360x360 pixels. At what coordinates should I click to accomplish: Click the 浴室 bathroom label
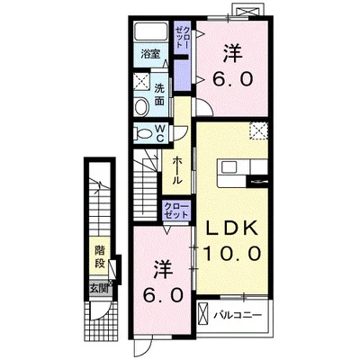click(151, 54)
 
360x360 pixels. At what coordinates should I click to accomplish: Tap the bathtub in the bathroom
click(151, 31)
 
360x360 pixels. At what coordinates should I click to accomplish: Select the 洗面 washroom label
click(159, 94)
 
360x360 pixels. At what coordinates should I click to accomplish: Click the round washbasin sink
click(141, 107)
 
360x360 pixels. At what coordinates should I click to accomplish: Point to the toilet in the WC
click(143, 133)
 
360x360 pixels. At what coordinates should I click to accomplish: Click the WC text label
click(160, 133)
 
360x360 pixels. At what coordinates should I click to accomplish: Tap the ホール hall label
click(177, 171)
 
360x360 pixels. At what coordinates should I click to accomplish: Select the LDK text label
click(231, 229)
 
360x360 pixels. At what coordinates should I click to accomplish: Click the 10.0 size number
click(231, 254)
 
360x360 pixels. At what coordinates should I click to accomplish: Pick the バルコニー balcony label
click(238, 315)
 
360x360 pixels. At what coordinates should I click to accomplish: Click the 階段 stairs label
click(100, 256)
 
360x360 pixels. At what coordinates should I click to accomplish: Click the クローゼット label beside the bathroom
click(182, 38)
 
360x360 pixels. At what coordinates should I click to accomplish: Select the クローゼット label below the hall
click(176, 211)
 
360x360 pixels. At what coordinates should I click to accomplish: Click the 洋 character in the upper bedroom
click(232, 55)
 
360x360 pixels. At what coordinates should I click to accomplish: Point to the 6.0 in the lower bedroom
click(162, 295)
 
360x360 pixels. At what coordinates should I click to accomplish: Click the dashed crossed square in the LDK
click(259, 130)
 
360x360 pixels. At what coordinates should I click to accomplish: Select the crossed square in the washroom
click(141, 80)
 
